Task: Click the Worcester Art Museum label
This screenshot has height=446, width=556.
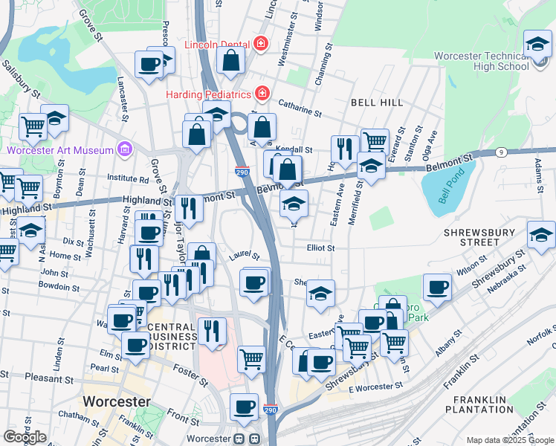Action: tap(60, 149)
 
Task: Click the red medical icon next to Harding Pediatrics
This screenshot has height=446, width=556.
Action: tap(262, 94)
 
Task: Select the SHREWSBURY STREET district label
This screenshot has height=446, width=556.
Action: tap(482, 236)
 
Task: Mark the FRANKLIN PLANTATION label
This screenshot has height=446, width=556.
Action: tap(480, 404)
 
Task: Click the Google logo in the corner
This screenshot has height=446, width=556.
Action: tap(25, 437)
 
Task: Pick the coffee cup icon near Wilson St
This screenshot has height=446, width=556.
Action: tap(437, 286)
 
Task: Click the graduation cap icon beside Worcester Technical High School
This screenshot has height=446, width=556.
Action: tap(537, 45)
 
